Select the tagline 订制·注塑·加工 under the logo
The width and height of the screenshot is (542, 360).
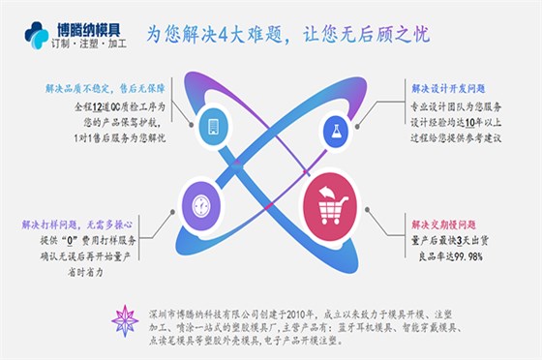point(86,44)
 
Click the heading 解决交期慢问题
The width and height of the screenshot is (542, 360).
point(443,224)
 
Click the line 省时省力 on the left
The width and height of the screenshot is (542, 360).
point(87,271)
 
